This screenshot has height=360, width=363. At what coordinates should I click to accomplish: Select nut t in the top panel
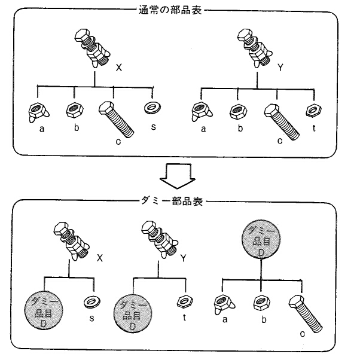pos(312,110)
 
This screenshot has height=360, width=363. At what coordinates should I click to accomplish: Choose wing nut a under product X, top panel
pos(37,112)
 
